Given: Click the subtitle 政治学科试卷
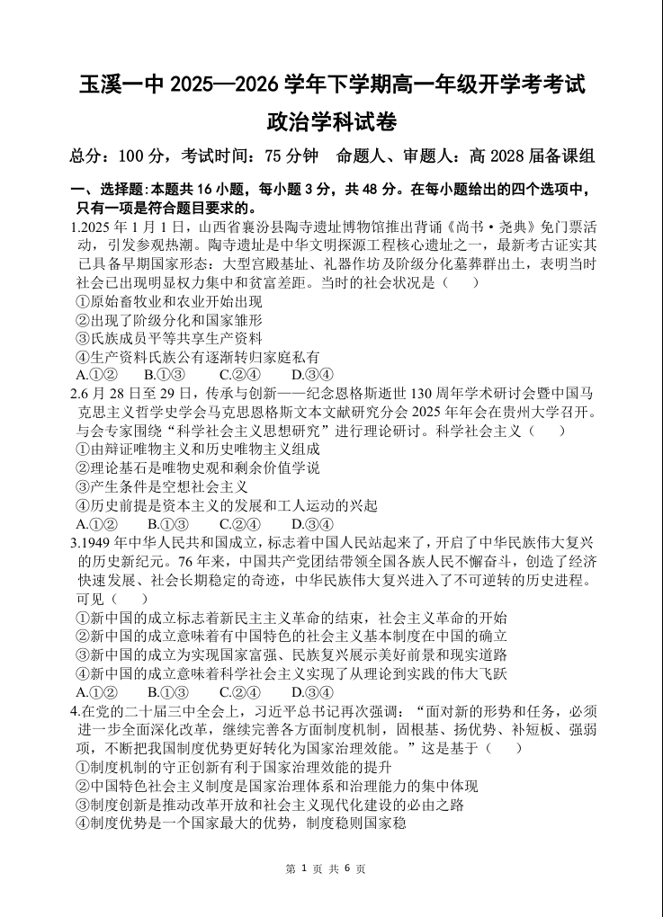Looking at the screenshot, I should (x=331, y=120).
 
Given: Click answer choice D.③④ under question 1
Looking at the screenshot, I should (x=312, y=375).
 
